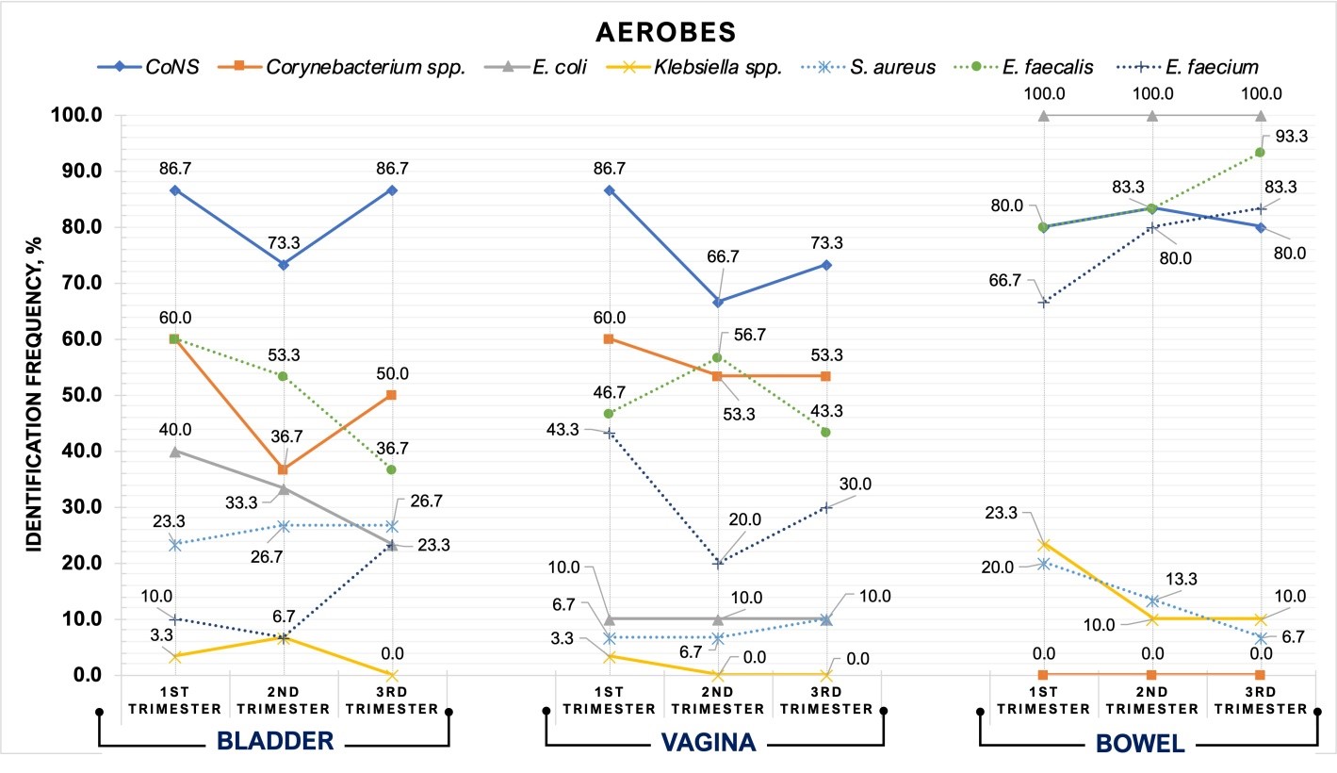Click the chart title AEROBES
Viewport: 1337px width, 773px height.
point(668,31)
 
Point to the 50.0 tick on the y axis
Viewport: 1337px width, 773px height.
point(80,395)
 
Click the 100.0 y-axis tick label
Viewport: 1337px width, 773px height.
point(76,115)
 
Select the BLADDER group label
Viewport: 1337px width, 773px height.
point(274,742)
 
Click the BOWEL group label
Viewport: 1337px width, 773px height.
point(1140,742)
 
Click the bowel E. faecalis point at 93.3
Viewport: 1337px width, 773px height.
point(1260,153)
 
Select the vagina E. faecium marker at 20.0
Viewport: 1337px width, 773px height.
point(718,564)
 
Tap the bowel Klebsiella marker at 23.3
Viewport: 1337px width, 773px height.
point(1043,545)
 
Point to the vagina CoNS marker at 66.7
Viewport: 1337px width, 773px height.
point(718,302)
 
